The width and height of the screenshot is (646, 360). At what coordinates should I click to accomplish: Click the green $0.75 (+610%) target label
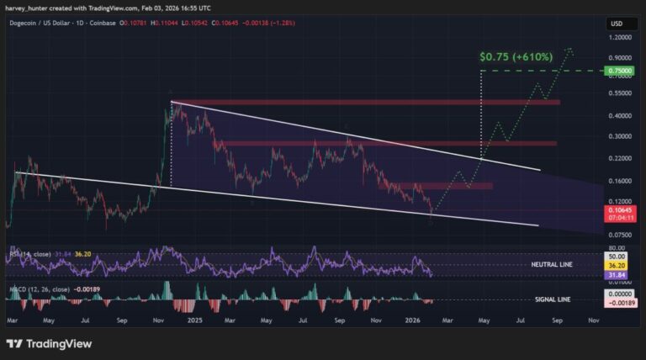[x=516, y=57]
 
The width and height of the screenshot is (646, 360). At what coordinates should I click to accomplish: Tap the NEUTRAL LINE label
[x=552, y=264]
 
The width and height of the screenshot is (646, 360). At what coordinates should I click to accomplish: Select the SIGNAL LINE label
[x=553, y=299]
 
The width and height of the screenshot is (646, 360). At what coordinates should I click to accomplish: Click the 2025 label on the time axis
[x=194, y=320]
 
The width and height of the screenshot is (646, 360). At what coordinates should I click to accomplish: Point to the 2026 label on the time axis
[x=411, y=320]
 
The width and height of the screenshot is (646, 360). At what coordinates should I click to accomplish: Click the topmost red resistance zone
[x=366, y=103]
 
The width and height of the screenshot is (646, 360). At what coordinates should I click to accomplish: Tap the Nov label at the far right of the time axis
[x=594, y=320]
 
